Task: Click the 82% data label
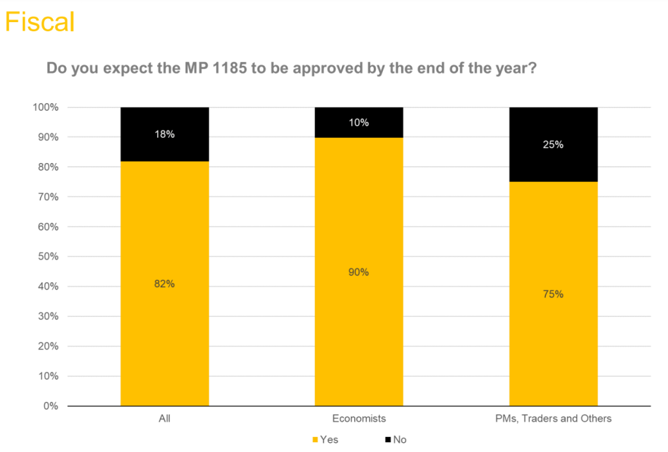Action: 164,284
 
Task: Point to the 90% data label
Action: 359,272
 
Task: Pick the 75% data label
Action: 553,294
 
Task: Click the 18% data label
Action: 164,134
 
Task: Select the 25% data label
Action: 553,145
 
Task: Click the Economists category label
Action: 359,419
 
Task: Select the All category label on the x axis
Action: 164,419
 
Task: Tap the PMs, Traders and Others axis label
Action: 553,419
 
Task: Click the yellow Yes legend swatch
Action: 316,440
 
